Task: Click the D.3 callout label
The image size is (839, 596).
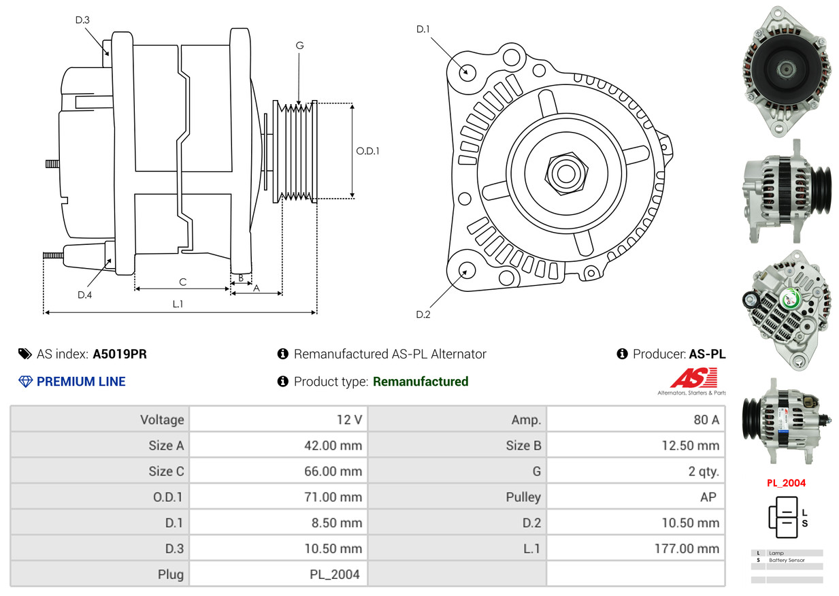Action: pos(82,20)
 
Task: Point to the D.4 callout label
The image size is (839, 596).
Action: pos(84,295)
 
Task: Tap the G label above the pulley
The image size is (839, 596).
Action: pos(299,46)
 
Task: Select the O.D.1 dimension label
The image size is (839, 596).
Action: pos(368,151)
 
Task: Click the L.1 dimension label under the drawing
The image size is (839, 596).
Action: pos(178,304)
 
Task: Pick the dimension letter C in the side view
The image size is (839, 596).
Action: pos(182,282)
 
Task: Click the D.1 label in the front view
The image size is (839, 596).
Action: pos(423,29)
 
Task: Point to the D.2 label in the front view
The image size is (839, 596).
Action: pos(423,314)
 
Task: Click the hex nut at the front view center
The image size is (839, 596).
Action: pos(564,173)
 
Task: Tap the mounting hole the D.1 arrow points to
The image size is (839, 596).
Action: pos(467,71)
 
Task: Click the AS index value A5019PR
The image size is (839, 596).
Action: pos(120,354)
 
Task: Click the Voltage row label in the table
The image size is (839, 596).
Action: pos(162,420)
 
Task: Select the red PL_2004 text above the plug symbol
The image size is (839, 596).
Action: pos(786,483)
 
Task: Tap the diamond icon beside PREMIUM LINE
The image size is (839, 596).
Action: pos(26,382)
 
